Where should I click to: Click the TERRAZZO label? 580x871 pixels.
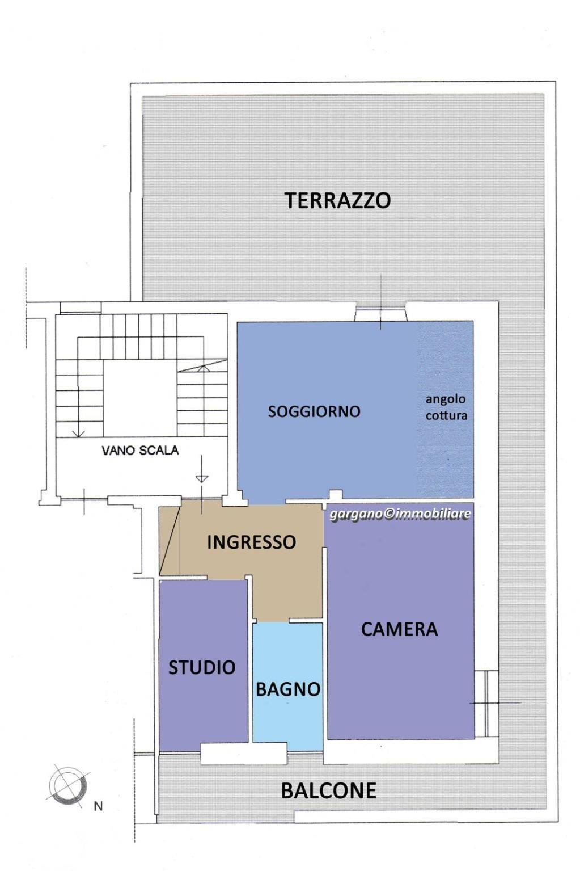[338, 200]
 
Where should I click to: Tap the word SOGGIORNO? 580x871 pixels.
[314, 411]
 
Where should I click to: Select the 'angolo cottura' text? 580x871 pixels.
[446, 407]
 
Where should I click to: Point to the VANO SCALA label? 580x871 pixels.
[140, 451]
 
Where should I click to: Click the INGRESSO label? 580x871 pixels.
[251, 542]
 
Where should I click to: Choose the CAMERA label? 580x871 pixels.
[399, 629]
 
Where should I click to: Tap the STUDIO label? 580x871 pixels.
[202, 668]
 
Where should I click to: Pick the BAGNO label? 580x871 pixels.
[288, 689]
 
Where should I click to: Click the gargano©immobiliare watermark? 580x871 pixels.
[400, 514]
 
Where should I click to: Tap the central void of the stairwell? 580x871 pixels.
[140, 398]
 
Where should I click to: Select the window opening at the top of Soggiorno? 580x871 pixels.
[380, 313]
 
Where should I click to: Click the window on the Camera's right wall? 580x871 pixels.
[486, 704]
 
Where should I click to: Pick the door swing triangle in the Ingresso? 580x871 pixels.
[170, 541]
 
